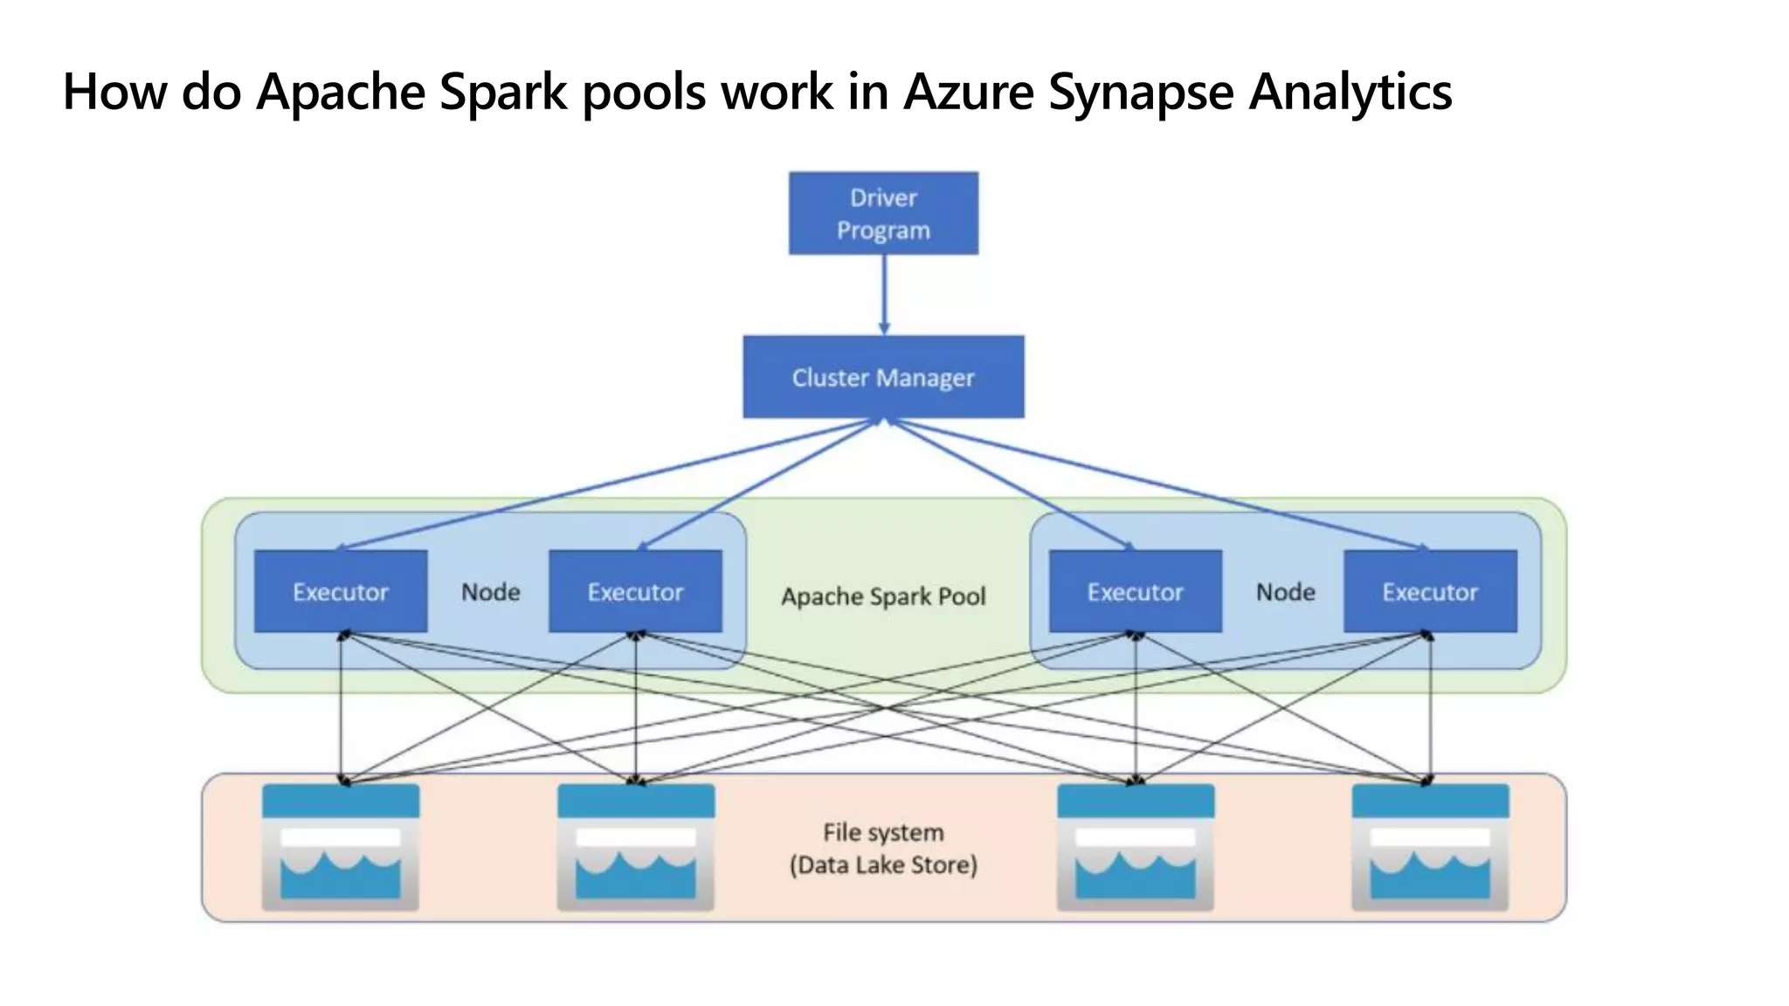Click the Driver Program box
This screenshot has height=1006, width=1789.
883,213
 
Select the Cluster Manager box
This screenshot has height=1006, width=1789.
883,377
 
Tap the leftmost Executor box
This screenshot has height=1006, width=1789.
341,591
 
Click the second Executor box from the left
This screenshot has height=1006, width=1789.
635,591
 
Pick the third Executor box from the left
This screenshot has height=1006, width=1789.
1135,591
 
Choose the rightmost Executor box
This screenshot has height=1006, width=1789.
1430,591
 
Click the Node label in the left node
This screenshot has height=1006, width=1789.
490,592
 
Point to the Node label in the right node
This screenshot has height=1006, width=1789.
1285,592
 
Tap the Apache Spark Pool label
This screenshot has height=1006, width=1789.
883,596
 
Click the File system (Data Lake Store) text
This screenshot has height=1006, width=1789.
883,848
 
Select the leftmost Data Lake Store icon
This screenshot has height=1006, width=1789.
341,847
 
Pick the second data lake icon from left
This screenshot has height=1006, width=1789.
635,847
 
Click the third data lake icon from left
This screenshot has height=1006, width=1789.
1135,847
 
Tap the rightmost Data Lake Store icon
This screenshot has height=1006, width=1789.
1430,847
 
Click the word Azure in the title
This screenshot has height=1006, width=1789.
969,91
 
